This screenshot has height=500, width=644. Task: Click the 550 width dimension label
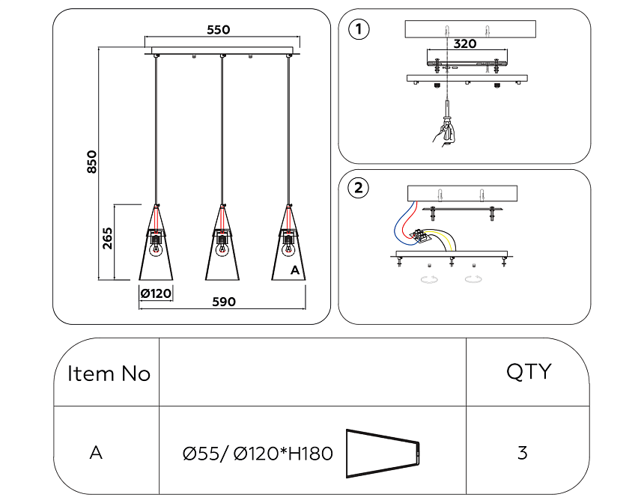[x=218, y=30]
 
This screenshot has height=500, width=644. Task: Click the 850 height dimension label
[x=91, y=162]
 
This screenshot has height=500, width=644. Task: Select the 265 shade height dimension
[x=107, y=240]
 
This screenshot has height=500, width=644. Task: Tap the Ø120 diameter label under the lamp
[x=156, y=293]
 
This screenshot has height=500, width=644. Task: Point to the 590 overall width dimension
[x=223, y=302]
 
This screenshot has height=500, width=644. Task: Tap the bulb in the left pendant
[x=156, y=249]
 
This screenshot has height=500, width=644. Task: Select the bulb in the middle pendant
[x=222, y=249]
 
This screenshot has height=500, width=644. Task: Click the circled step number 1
[x=359, y=30]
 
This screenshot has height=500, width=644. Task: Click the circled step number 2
[x=359, y=188]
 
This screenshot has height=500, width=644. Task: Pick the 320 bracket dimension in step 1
[x=464, y=44]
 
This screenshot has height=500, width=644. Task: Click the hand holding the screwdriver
[x=444, y=133]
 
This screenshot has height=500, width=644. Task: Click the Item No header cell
[x=109, y=374]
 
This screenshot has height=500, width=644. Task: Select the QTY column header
[x=529, y=371]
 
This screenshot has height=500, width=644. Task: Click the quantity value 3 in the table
[x=522, y=453]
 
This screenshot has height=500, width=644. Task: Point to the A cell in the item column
[x=96, y=453]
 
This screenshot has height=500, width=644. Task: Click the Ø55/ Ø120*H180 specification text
[x=258, y=454]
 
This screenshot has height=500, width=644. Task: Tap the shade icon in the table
[x=383, y=454]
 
